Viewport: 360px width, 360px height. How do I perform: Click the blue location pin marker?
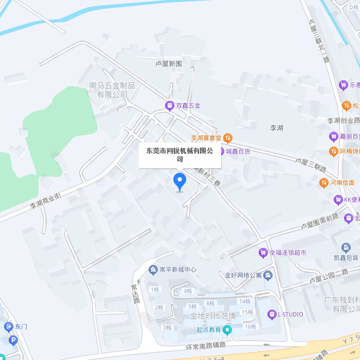tap(179, 182)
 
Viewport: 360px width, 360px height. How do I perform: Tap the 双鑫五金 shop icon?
tap(169, 105)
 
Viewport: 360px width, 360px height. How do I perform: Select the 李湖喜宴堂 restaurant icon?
tap(228, 137)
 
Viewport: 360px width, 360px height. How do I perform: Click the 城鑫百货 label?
tap(238, 151)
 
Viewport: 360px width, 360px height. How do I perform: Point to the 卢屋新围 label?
tap(169, 64)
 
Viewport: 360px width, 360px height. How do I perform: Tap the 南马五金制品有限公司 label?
tap(112, 90)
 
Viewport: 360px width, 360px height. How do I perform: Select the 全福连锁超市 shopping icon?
tap(263, 253)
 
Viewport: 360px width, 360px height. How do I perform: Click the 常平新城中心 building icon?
tap(153, 269)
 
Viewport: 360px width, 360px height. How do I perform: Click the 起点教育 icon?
tap(227, 330)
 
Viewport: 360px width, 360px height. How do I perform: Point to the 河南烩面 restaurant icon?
tap(323, 182)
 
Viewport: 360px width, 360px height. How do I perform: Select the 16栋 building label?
tap(250, 327)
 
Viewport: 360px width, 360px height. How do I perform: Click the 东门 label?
tap(21, 327)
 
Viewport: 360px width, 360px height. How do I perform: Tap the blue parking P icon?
tap(13, 340)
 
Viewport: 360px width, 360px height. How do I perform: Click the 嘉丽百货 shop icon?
tap(333, 136)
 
